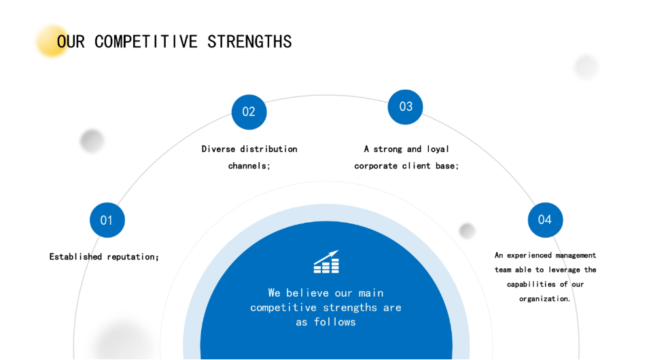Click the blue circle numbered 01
point(107,220)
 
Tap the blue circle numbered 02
point(249,112)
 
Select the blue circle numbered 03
point(405,107)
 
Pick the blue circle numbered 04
point(545,220)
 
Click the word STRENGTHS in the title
point(249,41)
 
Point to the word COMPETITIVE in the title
point(146,41)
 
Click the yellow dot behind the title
point(52,41)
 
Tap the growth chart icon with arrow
point(326,262)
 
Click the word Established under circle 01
point(75,257)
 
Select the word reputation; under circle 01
point(133,257)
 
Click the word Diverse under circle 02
point(218,149)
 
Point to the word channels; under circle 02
point(249,166)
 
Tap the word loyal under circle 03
point(438,149)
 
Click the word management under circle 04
point(576,255)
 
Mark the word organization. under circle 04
point(544,299)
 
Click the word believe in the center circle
point(307,293)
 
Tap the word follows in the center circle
point(334,322)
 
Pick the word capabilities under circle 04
point(531,284)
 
